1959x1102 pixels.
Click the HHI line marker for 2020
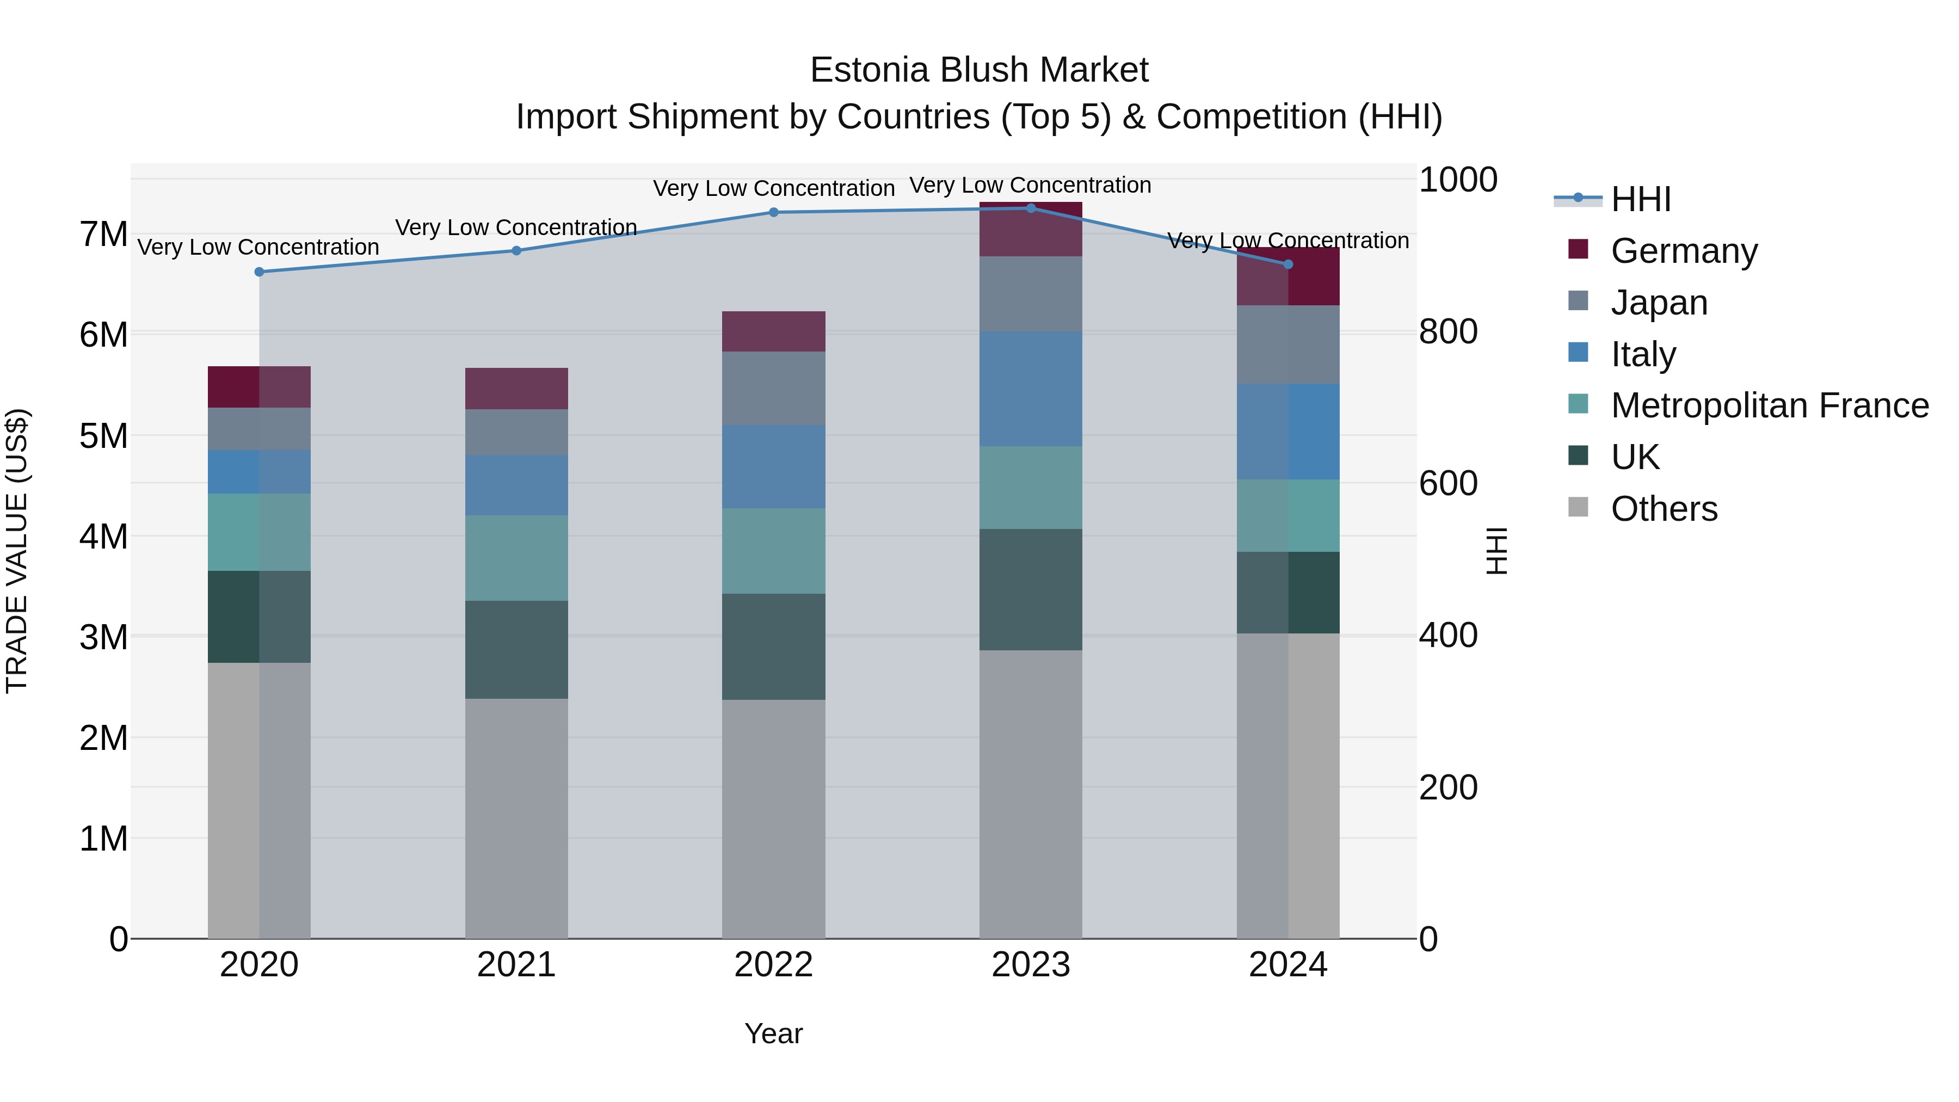[x=260, y=272]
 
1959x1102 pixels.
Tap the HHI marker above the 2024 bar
[x=1287, y=264]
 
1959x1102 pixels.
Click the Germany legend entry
[x=1683, y=251]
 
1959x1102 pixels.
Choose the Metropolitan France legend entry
[x=1769, y=405]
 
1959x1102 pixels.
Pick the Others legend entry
[x=1663, y=509]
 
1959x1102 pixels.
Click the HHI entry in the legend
[x=1640, y=199]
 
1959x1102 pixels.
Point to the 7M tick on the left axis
[x=103, y=234]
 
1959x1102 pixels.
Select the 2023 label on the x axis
[x=1031, y=964]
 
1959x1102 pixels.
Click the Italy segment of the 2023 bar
[x=1031, y=389]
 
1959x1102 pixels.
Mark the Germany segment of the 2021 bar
[x=516, y=389]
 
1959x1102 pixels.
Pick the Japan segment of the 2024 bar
[x=1287, y=344]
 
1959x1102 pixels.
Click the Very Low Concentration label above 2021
[x=516, y=227]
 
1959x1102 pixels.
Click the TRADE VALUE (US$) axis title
[x=17, y=551]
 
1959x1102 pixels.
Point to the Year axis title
[x=773, y=1033]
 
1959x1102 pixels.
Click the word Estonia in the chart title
[x=869, y=70]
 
